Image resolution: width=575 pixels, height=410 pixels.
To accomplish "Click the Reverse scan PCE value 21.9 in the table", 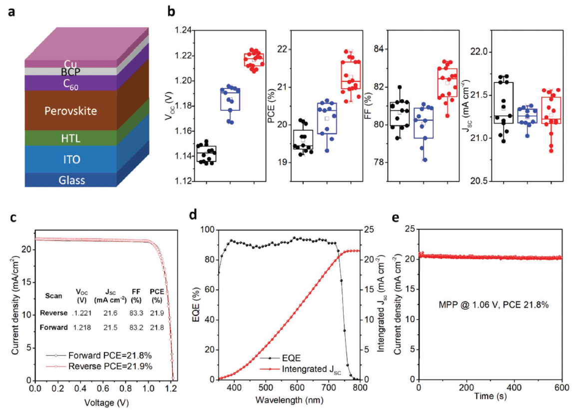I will [x=156, y=312].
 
